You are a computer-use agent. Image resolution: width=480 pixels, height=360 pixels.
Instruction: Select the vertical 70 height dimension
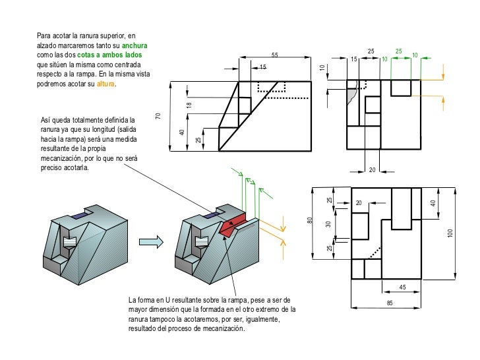tap(158, 116)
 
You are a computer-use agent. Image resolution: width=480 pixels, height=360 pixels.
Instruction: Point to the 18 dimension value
tap(189, 105)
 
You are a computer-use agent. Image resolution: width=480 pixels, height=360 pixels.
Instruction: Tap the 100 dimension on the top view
tap(451, 233)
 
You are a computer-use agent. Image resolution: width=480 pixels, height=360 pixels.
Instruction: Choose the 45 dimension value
tap(402, 286)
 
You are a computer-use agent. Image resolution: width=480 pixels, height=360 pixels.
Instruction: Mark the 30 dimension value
tap(328, 224)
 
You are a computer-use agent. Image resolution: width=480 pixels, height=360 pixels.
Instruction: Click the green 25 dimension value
tap(398, 51)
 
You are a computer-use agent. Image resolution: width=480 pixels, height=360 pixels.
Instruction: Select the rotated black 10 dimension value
tap(322, 68)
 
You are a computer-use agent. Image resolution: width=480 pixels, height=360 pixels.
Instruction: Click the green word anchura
tap(135, 45)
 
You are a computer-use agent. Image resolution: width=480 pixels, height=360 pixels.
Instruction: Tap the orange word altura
tap(105, 84)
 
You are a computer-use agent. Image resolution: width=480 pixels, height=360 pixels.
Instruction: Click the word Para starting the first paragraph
tap(45, 36)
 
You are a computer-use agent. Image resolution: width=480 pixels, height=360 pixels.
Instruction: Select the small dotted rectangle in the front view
tap(271, 87)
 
